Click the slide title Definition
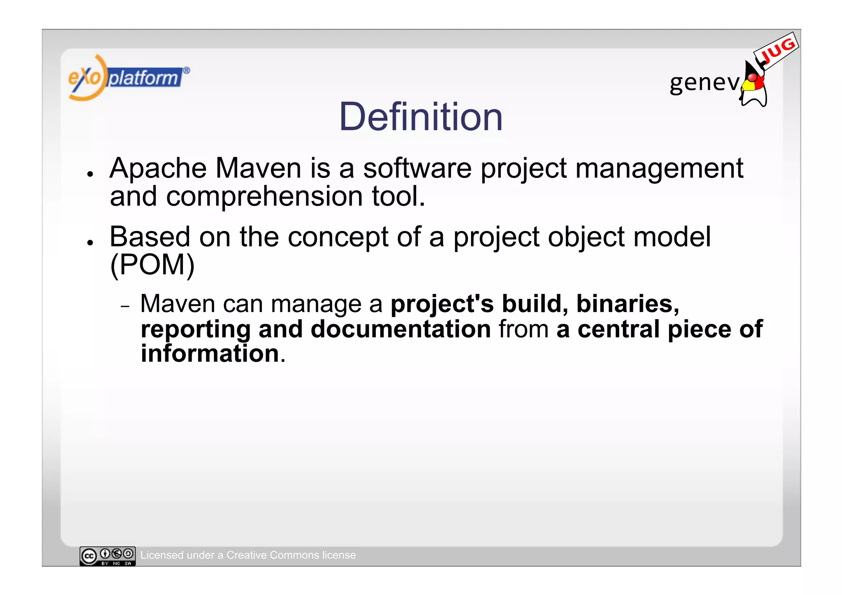[x=421, y=117]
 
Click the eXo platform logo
[x=128, y=78]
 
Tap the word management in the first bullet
[x=659, y=169]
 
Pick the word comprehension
[x=264, y=197]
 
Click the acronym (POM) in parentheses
[x=153, y=265]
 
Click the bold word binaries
[x=627, y=304]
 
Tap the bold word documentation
[x=401, y=329]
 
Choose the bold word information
[x=210, y=354]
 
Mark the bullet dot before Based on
[x=90, y=243]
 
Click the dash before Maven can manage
[x=125, y=306]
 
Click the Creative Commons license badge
[x=107, y=556]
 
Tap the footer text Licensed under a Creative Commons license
[x=248, y=555]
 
